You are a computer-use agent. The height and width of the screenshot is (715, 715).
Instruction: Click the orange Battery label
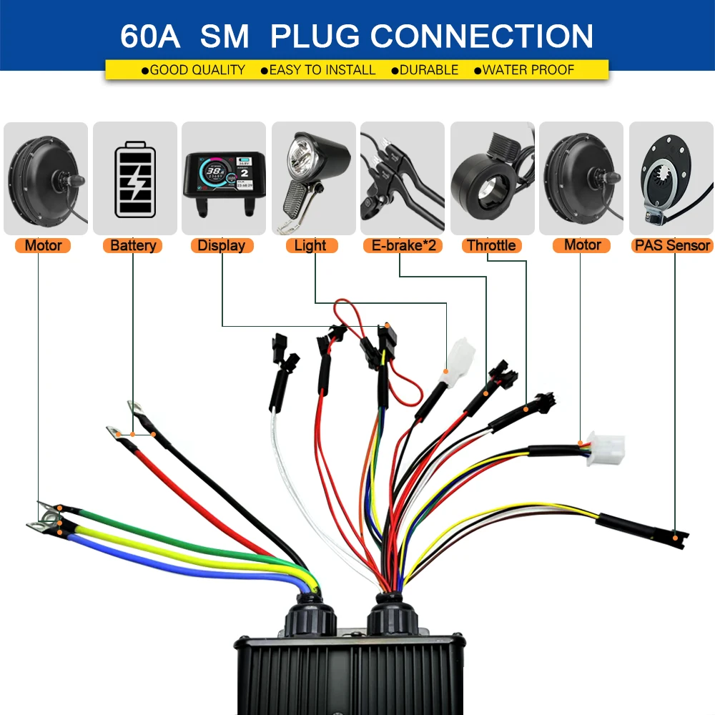click(x=133, y=246)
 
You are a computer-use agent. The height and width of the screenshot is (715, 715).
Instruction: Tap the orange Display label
click(x=221, y=246)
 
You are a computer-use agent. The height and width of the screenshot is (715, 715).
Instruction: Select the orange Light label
click(x=310, y=246)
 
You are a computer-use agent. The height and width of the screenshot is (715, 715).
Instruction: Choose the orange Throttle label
click(x=490, y=246)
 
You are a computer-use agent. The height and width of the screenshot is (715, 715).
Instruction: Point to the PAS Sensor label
click(x=672, y=246)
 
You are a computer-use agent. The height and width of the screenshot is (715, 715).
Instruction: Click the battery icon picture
click(x=134, y=179)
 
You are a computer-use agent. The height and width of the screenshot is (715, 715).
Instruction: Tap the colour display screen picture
click(x=223, y=179)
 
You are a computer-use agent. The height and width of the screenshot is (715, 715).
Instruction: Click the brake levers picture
click(x=402, y=179)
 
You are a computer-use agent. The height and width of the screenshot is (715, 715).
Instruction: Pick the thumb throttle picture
click(x=490, y=179)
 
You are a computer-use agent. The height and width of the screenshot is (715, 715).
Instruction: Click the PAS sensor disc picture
click(x=671, y=179)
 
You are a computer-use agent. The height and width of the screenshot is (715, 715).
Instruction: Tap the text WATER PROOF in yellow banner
click(x=528, y=70)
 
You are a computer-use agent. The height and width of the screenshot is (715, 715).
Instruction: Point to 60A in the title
click(x=150, y=36)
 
